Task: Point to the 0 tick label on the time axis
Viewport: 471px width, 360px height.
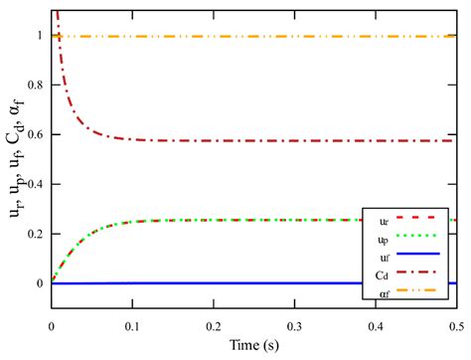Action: click(x=51, y=325)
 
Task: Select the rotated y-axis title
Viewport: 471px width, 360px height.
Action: click(x=15, y=163)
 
